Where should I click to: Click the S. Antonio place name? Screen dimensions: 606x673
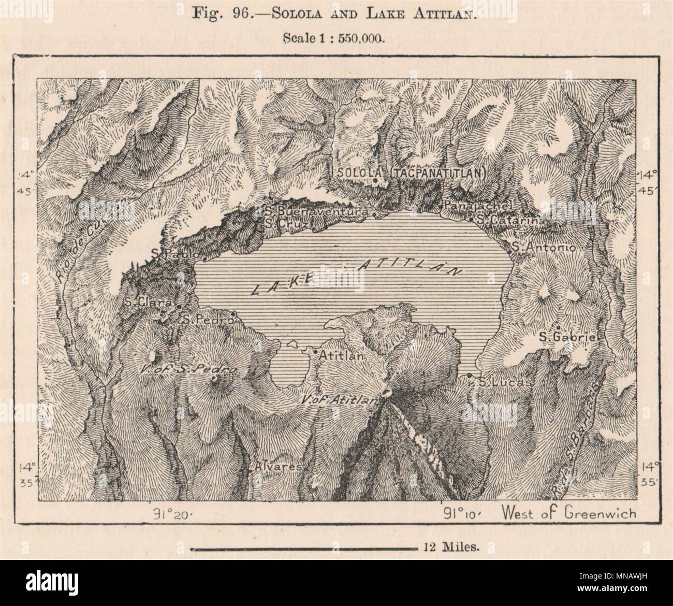pyautogui.click(x=544, y=248)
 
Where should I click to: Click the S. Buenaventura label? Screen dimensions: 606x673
pyautogui.click(x=316, y=211)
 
